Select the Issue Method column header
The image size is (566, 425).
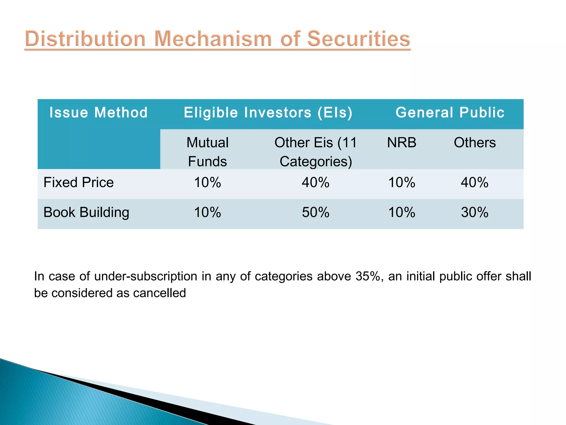(x=98, y=113)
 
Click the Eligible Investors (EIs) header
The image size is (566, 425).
(x=268, y=113)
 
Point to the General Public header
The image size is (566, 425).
(x=450, y=113)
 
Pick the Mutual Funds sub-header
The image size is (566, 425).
(x=207, y=152)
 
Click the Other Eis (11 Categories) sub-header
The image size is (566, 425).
(x=316, y=152)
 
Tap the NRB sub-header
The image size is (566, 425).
(x=402, y=143)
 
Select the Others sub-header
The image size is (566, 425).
(x=475, y=143)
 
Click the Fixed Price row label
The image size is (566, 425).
(x=78, y=183)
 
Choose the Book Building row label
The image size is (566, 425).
(x=86, y=212)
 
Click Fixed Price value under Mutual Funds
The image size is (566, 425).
(x=207, y=183)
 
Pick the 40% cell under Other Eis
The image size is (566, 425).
(x=316, y=183)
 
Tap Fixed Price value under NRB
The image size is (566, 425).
(x=402, y=183)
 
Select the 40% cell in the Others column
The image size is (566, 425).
(x=475, y=183)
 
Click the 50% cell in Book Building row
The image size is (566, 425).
(x=316, y=212)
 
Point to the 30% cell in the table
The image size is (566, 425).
(x=475, y=212)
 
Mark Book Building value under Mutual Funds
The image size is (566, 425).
(x=207, y=212)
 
